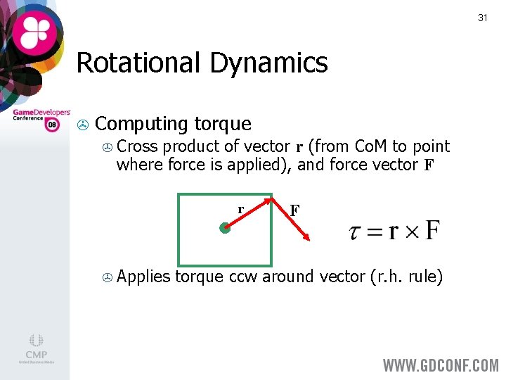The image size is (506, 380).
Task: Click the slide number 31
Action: point(482,18)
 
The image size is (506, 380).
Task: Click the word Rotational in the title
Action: point(136,63)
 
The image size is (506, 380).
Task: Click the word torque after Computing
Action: point(222,124)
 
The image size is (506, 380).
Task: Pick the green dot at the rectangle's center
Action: point(224,228)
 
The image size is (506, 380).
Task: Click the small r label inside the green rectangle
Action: point(240,209)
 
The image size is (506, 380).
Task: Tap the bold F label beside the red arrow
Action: point(295,210)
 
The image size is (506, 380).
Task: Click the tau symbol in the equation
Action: point(356,232)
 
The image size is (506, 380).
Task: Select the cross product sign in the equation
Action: point(413,232)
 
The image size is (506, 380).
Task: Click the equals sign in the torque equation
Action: point(375,232)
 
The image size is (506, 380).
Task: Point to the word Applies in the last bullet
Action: point(143,277)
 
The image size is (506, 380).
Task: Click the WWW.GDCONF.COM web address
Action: point(440,365)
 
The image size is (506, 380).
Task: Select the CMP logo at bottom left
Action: point(36,348)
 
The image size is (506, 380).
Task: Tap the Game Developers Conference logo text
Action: point(41,115)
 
